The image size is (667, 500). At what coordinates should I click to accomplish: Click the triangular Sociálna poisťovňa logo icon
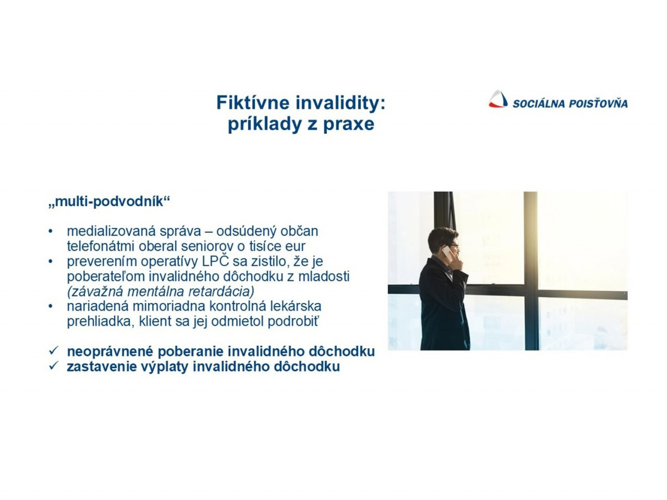[498, 99]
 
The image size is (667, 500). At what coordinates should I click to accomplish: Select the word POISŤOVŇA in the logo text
[598, 104]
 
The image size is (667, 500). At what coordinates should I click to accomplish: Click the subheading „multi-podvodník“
[109, 201]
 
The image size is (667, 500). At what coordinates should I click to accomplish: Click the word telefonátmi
[101, 246]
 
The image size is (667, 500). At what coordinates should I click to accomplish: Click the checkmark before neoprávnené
[53, 351]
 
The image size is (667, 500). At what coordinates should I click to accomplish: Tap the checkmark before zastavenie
[53, 366]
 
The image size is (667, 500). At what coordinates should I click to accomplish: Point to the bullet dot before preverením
[51, 261]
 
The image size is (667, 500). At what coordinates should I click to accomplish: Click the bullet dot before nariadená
[51, 306]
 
